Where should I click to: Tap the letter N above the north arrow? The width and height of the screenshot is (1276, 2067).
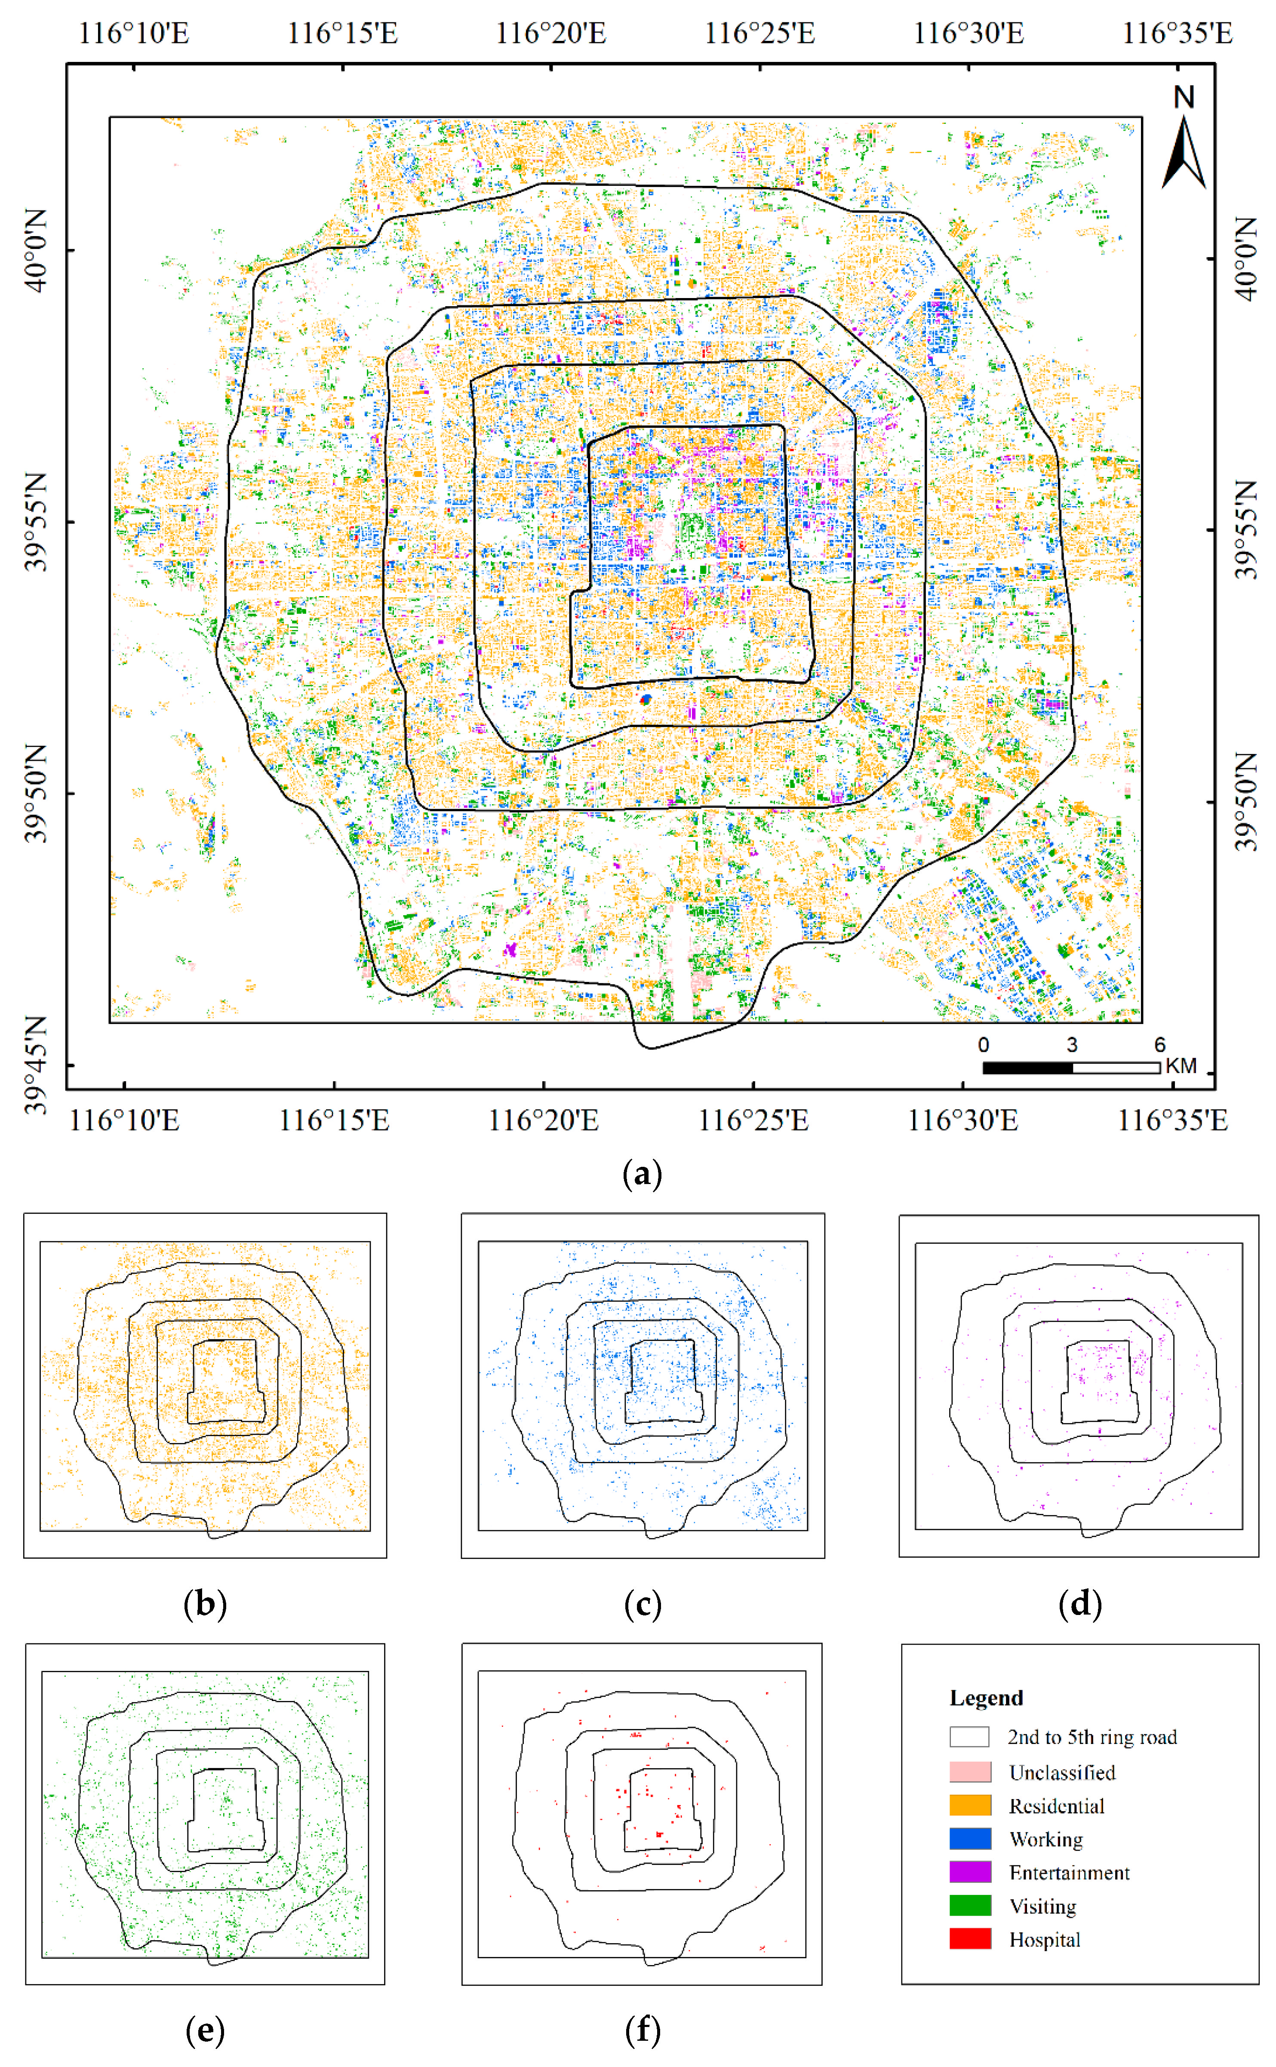1184,97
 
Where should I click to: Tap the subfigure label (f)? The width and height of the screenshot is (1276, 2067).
642,2030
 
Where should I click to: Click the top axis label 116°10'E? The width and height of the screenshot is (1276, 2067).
133,34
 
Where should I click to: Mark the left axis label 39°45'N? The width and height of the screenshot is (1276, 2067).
35,1065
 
